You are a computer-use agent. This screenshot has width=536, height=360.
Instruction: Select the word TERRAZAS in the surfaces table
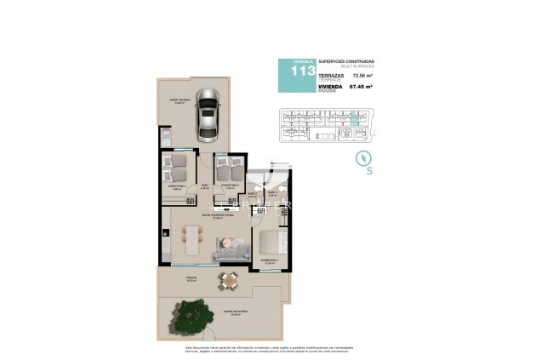(334, 75)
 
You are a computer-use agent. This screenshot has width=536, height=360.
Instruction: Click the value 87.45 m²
(363, 87)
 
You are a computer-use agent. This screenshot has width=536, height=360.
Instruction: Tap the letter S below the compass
(368, 171)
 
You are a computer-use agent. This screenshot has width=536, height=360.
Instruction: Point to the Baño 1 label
(273, 192)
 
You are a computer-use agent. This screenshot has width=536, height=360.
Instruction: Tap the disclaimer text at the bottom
(268, 349)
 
